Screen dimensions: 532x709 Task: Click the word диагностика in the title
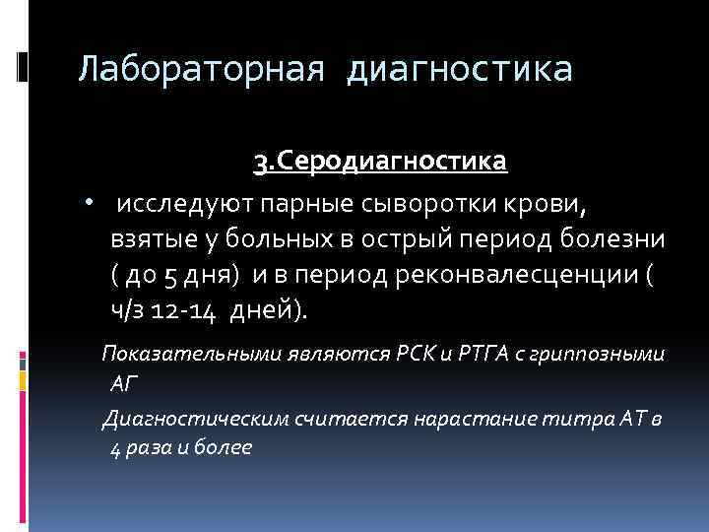click(x=460, y=69)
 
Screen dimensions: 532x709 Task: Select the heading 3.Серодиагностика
click(x=380, y=160)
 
